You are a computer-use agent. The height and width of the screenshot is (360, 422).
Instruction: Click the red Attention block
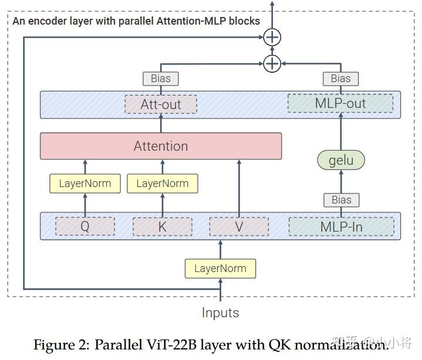pyautogui.click(x=161, y=146)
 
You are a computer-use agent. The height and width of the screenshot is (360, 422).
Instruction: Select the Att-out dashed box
pyautogui.click(x=161, y=104)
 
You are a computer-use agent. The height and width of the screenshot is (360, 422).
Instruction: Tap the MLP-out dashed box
pyautogui.click(x=340, y=104)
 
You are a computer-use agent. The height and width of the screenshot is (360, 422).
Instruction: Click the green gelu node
pyautogui.click(x=341, y=160)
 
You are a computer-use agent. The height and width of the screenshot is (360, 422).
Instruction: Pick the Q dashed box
pyautogui.click(x=85, y=226)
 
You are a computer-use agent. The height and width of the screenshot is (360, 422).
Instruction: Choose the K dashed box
pyautogui.click(x=163, y=226)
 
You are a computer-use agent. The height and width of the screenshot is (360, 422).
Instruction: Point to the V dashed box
pyautogui.click(x=239, y=226)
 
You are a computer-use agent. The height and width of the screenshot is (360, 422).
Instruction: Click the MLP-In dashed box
pyautogui.click(x=341, y=226)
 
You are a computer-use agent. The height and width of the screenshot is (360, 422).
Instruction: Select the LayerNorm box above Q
pyautogui.click(x=85, y=184)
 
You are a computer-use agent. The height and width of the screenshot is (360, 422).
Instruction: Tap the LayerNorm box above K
pyautogui.click(x=163, y=184)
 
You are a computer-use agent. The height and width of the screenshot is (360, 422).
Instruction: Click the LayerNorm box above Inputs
pyautogui.click(x=221, y=269)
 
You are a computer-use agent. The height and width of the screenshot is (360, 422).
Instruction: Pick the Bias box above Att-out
pyautogui.click(x=161, y=78)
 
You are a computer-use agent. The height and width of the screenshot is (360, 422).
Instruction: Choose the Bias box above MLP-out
pyautogui.click(x=340, y=78)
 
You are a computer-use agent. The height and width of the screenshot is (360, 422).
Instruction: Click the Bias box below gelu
pyautogui.click(x=341, y=199)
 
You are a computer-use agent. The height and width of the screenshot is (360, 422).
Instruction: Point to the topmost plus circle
pyautogui.click(x=272, y=37)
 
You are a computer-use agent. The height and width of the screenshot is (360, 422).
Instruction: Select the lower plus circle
pyautogui.click(x=272, y=63)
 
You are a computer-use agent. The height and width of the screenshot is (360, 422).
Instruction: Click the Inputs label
pyautogui.click(x=221, y=313)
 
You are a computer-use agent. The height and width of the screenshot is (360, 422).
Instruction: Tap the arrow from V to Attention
pyautogui.click(x=239, y=188)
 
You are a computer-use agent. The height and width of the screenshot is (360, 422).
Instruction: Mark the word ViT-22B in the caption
pyautogui.click(x=175, y=345)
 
